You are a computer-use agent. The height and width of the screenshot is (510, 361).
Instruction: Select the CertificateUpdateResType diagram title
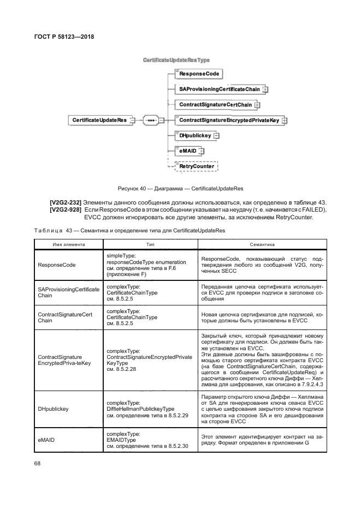click(176, 59)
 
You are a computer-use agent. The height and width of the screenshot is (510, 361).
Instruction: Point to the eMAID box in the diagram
click(187, 151)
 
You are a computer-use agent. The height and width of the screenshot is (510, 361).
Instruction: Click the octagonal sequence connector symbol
click(151, 120)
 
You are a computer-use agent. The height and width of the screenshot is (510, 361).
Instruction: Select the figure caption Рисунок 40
click(180, 189)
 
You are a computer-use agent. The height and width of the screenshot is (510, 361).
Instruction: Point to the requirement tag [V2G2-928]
click(66, 210)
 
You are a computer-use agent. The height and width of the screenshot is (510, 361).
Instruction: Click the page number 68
click(38, 463)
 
